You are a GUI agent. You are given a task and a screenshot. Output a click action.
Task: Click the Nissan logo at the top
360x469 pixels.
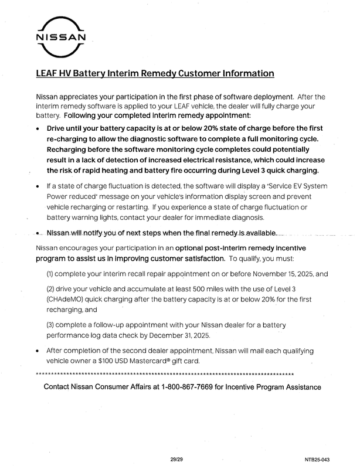(x=62, y=38)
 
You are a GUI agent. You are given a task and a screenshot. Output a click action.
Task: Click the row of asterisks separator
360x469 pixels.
(x=165, y=374)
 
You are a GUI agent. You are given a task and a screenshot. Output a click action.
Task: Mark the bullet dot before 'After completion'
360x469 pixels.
(x=38, y=351)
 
